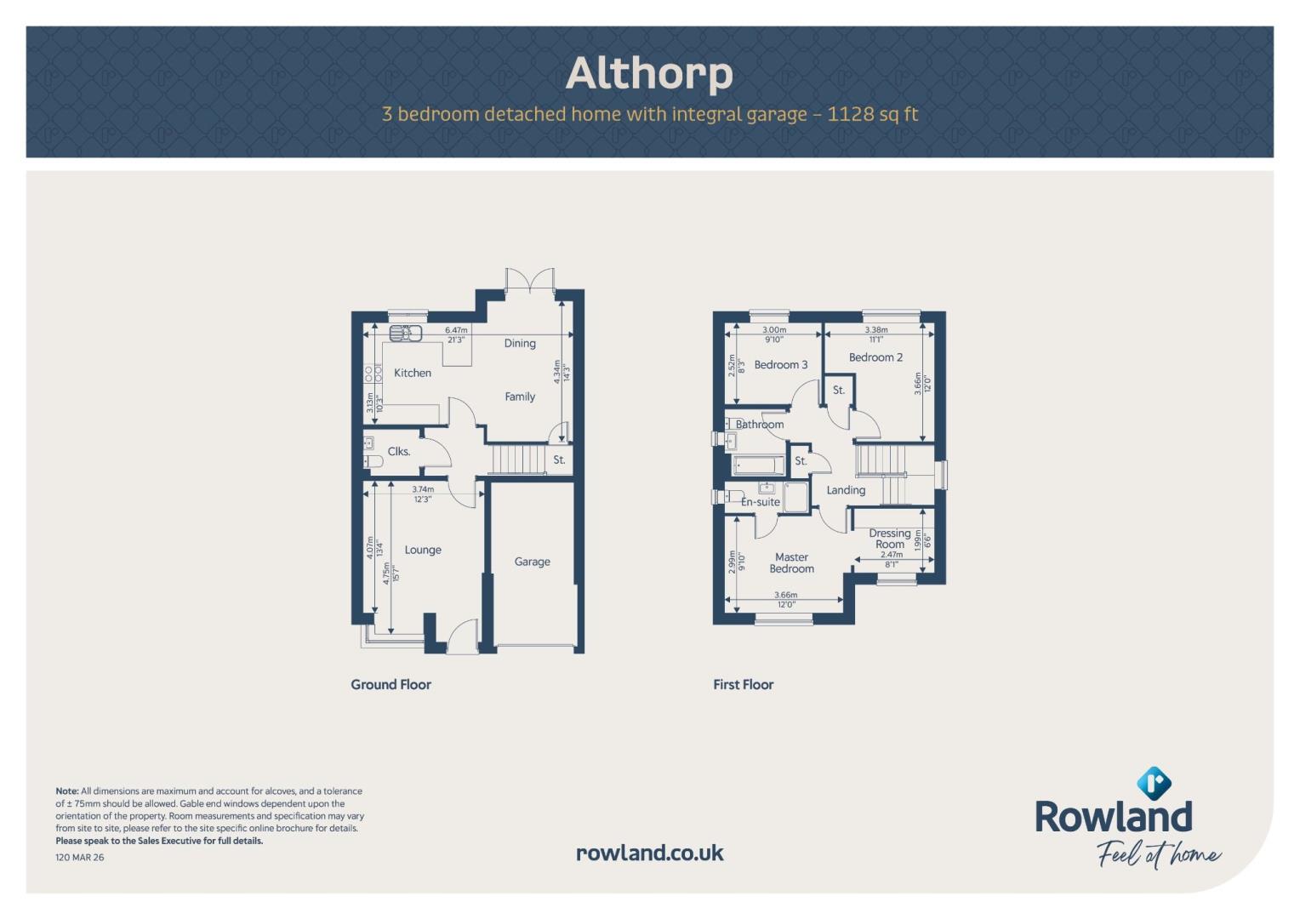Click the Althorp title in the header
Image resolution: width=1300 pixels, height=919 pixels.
649,74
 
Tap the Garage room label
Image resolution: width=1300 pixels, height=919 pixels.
533,562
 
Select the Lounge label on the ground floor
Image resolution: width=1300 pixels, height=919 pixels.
423,550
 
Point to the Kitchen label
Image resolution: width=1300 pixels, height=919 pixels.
413,373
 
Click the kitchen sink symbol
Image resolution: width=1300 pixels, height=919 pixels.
405,334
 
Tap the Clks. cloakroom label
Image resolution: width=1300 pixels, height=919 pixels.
399,451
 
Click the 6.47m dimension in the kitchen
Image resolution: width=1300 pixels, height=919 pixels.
456,330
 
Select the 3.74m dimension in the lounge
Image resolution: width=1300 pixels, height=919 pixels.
423,489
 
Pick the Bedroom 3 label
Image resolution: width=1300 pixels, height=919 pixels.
780,364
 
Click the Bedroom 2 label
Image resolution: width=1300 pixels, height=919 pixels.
875,357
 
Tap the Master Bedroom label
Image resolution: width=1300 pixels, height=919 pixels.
791,563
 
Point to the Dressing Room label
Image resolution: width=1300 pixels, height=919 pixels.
890,539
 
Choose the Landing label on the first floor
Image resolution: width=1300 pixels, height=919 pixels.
846,490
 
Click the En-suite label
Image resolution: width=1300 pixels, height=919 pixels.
761,502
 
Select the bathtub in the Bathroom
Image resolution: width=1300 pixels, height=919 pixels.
759,465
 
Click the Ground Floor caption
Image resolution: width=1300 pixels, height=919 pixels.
391,684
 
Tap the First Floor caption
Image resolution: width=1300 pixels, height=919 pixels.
744,684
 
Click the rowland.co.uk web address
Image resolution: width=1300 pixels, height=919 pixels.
650,853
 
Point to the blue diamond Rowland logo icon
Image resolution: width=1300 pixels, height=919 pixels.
1154,783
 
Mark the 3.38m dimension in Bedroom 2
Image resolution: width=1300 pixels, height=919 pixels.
875,330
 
